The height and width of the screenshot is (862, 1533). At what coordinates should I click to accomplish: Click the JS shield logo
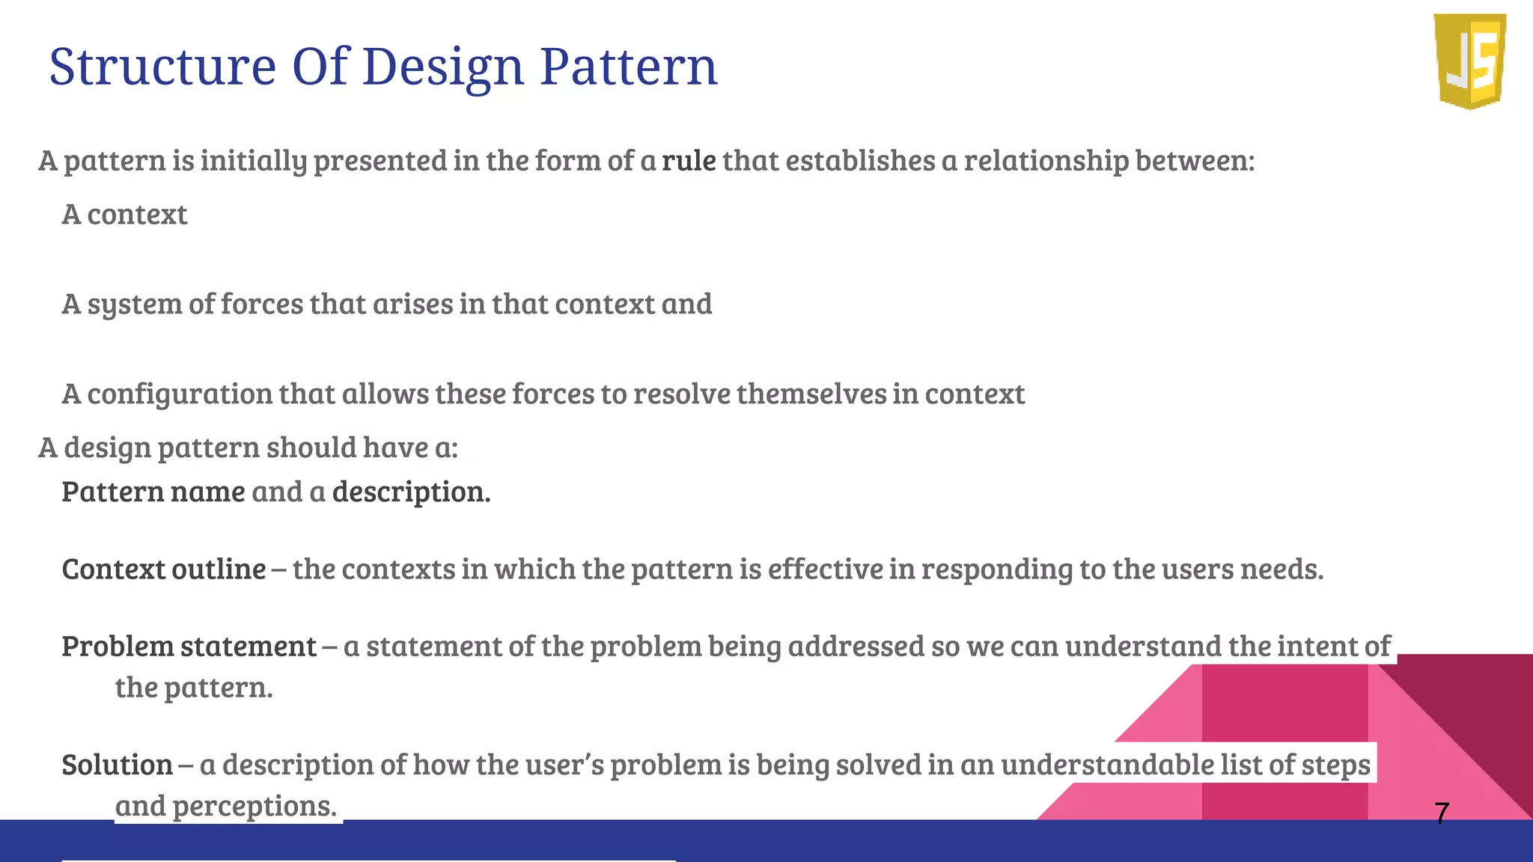1470,61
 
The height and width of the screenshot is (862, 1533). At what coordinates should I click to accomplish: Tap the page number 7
1442,813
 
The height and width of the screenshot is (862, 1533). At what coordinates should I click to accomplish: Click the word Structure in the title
162,67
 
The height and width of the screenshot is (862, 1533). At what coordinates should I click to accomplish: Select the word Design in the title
443,67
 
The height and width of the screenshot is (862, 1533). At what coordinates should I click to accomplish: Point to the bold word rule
689,160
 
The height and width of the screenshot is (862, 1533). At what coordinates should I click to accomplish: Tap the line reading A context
124,215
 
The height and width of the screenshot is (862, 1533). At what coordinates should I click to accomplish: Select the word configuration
180,394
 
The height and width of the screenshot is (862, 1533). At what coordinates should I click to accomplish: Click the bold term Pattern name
153,492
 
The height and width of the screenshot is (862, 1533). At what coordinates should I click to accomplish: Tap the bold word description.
411,492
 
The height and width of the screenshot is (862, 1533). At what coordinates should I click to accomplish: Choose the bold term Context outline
164,569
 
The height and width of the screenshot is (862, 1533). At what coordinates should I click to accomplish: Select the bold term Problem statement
189,646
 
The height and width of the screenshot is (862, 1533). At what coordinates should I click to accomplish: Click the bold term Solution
118,765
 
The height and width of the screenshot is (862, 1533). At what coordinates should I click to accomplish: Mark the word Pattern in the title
628,67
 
